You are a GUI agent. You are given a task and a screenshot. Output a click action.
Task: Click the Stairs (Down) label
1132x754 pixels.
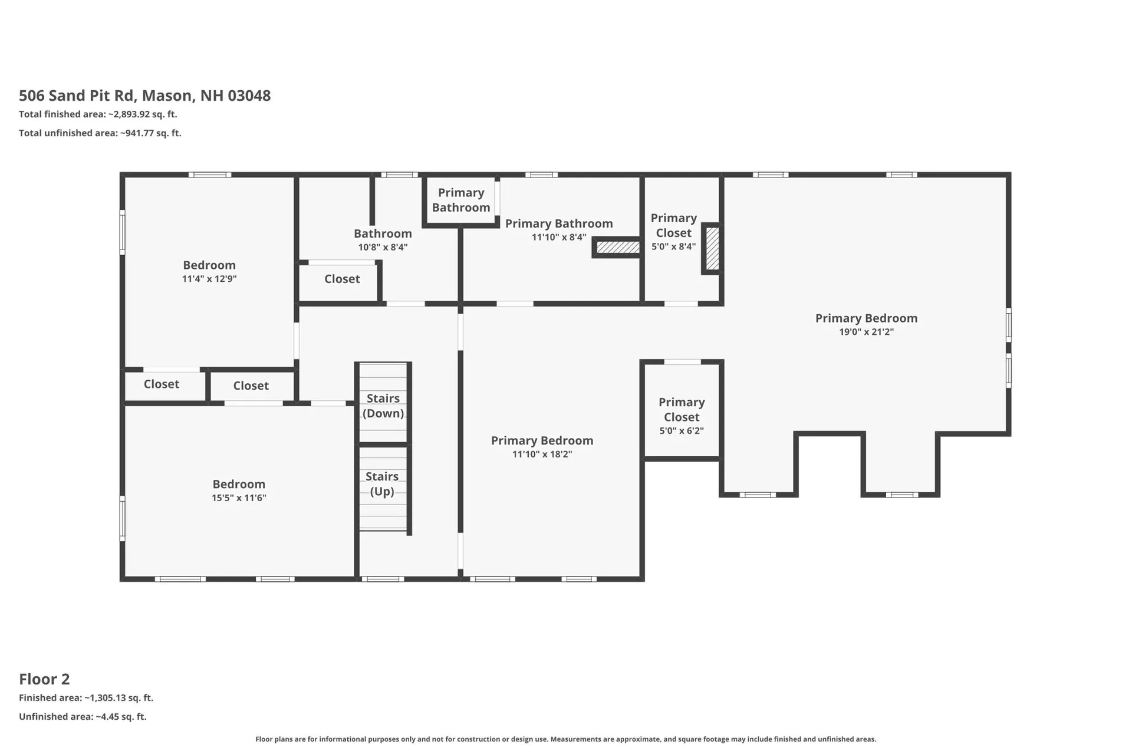pos(383,406)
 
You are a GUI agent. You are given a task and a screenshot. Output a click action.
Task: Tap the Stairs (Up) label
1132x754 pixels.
pos(382,483)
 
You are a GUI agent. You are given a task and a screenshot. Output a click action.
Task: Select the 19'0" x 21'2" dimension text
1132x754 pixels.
pos(866,332)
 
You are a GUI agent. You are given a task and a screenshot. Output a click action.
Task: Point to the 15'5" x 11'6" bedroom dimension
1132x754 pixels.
pos(239,498)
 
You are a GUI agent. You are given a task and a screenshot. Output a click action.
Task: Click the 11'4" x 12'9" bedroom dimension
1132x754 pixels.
pos(209,279)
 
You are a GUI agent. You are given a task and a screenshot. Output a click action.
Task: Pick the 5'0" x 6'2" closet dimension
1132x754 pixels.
pos(682,431)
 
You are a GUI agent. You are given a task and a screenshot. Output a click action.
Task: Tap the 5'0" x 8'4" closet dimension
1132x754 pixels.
pos(673,247)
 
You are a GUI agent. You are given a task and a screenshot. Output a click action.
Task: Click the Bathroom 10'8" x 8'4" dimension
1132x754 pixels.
pos(383,248)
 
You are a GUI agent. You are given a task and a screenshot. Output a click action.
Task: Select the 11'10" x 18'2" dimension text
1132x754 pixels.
pos(542,455)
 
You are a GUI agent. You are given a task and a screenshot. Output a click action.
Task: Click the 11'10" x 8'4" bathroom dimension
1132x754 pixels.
pos(559,238)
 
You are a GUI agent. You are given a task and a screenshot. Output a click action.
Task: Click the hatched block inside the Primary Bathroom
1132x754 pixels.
pos(617,248)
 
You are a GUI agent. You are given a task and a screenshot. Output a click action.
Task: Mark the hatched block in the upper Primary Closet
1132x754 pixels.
pos(712,249)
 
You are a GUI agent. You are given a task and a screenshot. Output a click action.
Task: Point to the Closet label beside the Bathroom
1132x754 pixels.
pos(342,279)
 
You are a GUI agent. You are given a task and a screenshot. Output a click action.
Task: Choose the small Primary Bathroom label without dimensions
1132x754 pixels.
pos(461,200)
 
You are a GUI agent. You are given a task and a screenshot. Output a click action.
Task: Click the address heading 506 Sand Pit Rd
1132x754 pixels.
pos(145,96)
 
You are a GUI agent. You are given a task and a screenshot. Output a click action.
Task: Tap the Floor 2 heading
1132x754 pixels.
pos(44,679)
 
